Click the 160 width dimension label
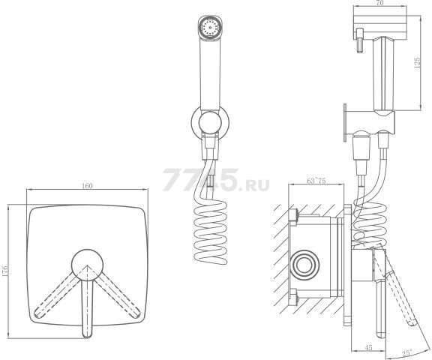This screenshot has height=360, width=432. [x=87, y=186]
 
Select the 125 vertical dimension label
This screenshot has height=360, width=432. [x=417, y=63]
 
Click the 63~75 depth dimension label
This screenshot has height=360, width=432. [x=316, y=181]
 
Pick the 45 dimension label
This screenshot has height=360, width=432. [x=368, y=348]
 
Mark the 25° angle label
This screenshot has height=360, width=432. [x=407, y=352]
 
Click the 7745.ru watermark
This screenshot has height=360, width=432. [x=216, y=180]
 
